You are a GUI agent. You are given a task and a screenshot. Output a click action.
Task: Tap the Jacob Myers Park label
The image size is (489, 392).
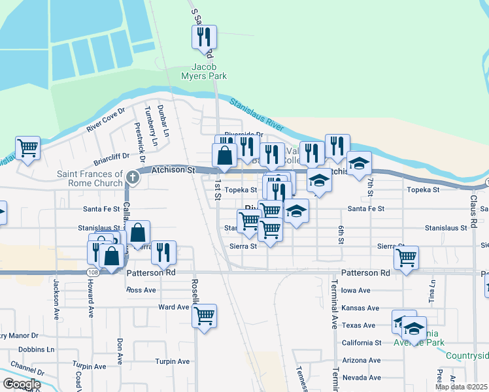(x=209, y=71)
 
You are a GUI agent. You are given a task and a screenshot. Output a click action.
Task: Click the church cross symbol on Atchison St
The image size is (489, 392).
(x=133, y=177)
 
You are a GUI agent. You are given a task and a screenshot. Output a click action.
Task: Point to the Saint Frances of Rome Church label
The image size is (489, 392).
(x=90, y=178)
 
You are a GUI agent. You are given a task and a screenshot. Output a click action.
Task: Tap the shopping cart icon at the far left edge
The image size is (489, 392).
(x=27, y=148)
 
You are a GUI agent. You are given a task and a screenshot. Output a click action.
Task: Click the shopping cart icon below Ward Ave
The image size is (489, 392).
(x=205, y=317)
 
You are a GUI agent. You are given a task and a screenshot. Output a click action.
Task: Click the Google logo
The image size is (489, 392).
(x=22, y=384)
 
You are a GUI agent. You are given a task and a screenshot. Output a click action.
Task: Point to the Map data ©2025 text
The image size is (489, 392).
(x=461, y=387)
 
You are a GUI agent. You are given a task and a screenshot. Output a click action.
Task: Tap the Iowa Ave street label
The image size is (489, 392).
(x=356, y=291)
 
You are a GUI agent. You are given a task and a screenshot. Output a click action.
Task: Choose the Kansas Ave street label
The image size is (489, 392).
(x=360, y=308)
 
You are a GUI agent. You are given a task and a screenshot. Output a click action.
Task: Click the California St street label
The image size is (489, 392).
(x=362, y=342)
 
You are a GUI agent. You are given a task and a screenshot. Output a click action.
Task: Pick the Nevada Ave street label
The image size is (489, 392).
(x=362, y=378)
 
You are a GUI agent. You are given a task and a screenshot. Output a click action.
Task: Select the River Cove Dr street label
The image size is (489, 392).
(x=104, y=120)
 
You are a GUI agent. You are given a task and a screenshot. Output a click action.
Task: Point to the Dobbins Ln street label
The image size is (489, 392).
(x=37, y=350)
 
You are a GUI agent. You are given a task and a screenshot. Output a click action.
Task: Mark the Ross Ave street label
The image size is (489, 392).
(x=141, y=289)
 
